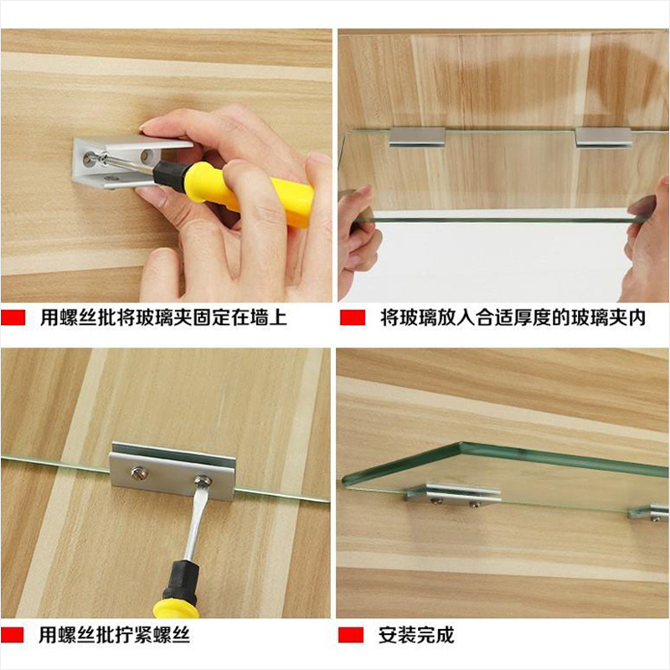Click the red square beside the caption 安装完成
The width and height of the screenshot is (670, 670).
click(x=351, y=636)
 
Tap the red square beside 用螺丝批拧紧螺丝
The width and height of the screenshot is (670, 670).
click(x=12, y=636)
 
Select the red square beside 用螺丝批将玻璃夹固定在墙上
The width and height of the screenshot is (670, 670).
click(x=13, y=317)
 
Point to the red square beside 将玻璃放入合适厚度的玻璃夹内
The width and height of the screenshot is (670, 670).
click(x=353, y=317)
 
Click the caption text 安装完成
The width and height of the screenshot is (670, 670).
click(x=415, y=636)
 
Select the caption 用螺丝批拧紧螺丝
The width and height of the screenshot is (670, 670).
click(x=114, y=636)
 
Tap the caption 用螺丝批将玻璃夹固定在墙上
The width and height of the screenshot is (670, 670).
click(x=163, y=318)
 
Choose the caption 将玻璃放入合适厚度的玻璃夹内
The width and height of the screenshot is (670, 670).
click(x=513, y=318)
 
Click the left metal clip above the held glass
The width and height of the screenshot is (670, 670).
click(x=417, y=137)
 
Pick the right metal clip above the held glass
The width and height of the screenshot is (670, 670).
click(x=603, y=137)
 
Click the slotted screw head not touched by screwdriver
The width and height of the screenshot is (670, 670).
click(x=140, y=472)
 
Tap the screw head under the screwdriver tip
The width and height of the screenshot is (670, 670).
click(x=203, y=480)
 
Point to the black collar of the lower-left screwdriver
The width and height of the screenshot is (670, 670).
click(x=181, y=582)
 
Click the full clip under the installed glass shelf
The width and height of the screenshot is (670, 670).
click(x=454, y=495)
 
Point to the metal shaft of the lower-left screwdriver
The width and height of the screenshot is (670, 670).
click(x=195, y=524)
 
